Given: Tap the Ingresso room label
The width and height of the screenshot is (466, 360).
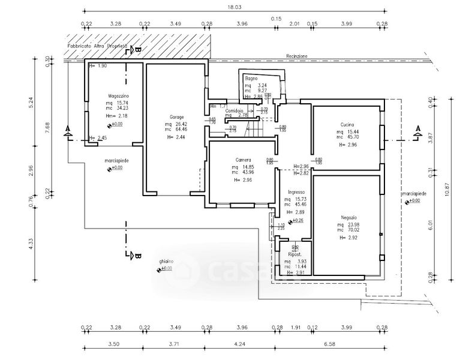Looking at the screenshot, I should [297, 193].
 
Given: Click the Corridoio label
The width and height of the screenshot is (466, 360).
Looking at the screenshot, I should [234, 110].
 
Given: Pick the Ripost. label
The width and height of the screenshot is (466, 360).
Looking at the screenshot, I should [294, 254].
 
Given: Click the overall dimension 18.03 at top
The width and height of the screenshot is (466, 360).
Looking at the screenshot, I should [234, 7].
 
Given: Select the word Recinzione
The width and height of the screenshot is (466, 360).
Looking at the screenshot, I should [297, 56].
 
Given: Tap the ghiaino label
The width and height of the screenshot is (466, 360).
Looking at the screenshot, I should [166, 262].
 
